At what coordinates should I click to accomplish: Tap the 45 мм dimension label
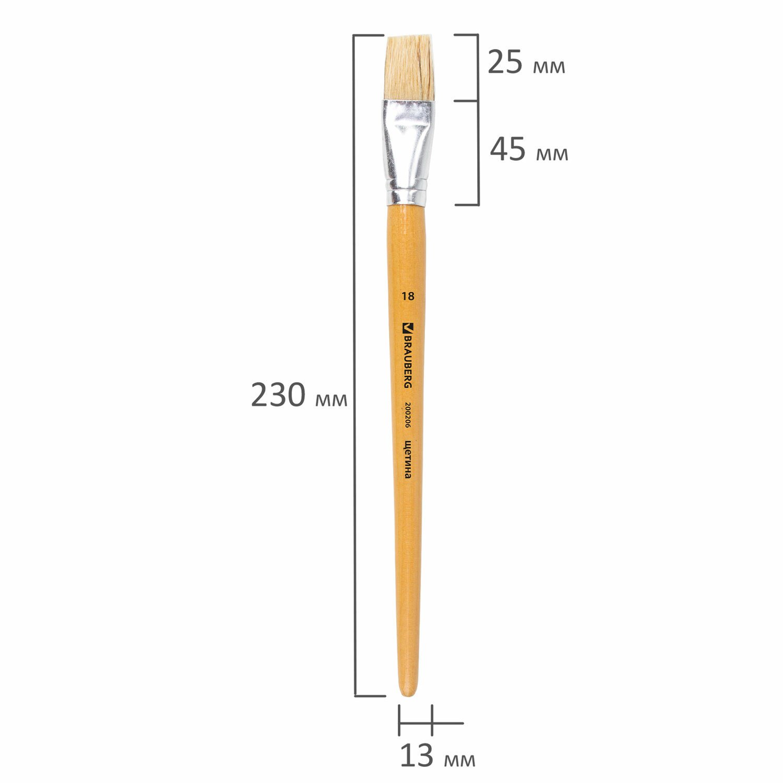(529, 150)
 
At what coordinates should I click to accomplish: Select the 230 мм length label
(299, 395)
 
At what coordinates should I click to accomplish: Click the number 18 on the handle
(408, 296)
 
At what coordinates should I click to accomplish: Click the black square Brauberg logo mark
(408, 328)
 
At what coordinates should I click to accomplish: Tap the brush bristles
(410, 67)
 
